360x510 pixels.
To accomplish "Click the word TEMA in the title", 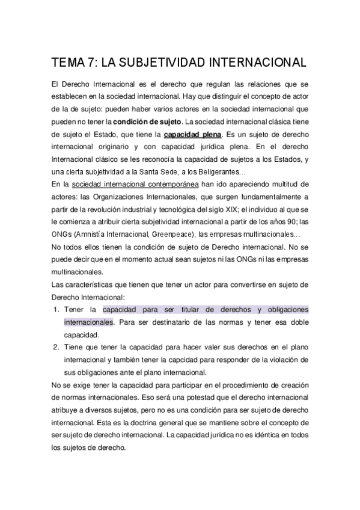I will pos(69,62).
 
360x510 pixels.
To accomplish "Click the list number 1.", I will pos(56,309).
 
